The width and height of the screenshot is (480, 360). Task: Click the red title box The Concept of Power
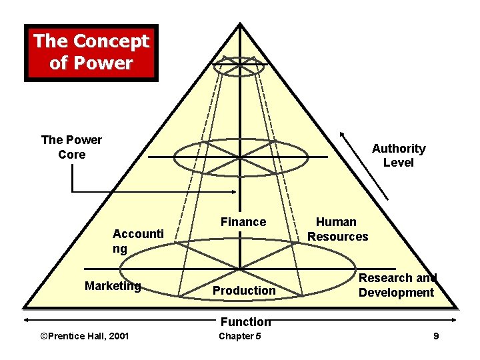point(91,53)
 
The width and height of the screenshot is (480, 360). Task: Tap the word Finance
point(243,222)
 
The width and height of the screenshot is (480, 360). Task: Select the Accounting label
point(138,241)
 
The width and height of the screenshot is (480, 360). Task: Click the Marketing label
point(113,286)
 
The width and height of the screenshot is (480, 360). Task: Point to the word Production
point(244,291)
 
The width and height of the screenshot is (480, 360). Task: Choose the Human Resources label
point(337,229)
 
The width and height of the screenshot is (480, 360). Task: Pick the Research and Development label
point(397,285)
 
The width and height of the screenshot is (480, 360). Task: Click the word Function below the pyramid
point(245,322)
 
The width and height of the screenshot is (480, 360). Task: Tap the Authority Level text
point(399,155)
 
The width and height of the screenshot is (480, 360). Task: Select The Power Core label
point(71,147)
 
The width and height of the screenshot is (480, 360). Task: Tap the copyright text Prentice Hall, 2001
point(85,336)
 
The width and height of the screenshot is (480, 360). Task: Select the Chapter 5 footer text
point(240,336)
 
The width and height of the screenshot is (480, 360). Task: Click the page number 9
point(436,336)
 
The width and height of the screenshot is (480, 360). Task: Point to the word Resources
point(337,237)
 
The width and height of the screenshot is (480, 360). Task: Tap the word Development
point(396,293)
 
